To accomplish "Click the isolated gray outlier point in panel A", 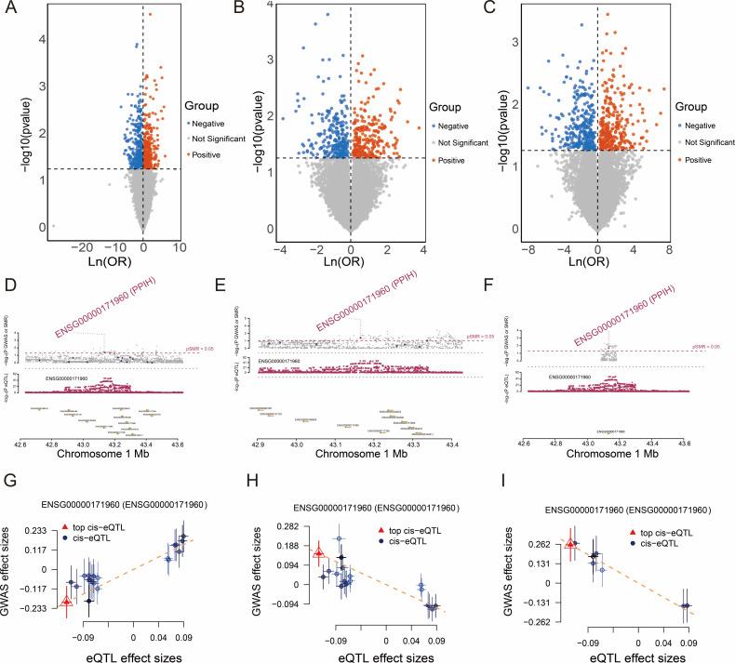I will pyautogui.click(x=54, y=225).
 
